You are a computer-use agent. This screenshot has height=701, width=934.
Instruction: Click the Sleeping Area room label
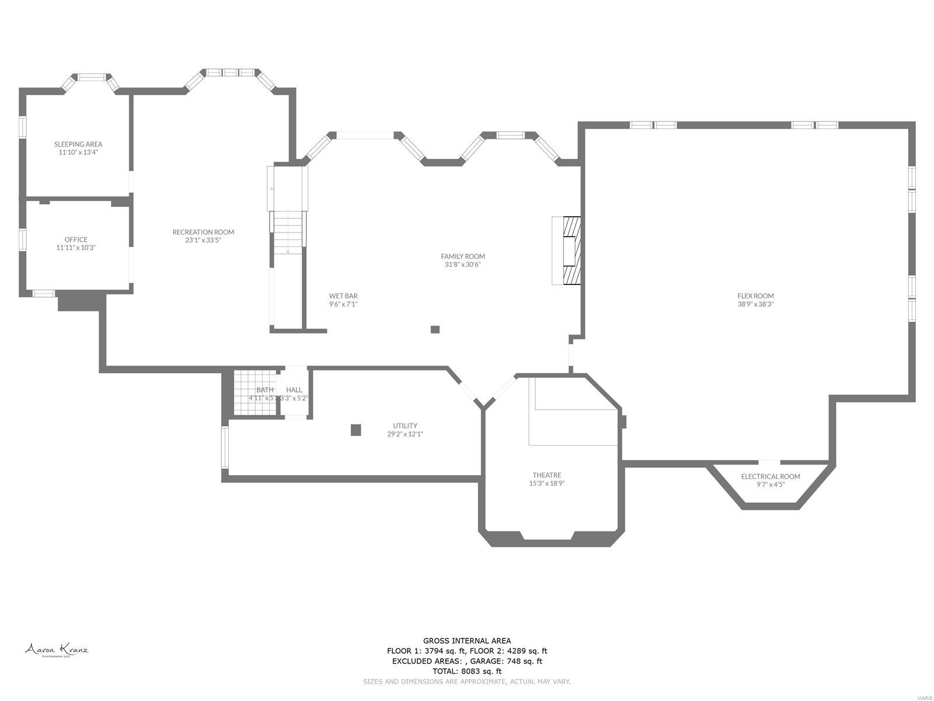pos(78,144)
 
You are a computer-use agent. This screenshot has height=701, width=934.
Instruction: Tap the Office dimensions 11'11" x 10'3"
pos(76,248)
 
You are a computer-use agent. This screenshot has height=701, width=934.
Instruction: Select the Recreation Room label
pos(203,232)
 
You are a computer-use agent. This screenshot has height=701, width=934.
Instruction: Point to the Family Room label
pos(462,256)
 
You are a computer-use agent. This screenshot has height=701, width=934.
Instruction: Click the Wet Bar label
pos(343,296)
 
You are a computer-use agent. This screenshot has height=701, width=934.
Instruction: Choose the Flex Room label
pos(755,296)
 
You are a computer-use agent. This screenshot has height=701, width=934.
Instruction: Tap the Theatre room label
pos(546,476)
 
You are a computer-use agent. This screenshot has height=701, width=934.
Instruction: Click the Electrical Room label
pos(770,477)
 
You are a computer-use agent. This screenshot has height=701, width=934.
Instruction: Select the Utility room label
pos(405,426)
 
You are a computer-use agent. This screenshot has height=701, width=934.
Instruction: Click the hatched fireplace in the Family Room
pos(571,251)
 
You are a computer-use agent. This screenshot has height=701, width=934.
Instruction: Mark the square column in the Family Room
pos(435,329)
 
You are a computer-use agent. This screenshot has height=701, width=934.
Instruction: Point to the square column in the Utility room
pos(356,430)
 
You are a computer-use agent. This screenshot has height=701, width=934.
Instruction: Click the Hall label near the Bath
pos(294,390)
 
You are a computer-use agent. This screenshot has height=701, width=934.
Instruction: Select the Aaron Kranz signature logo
pos(56,650)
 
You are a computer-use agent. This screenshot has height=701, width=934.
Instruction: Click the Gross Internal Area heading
pos(466,641)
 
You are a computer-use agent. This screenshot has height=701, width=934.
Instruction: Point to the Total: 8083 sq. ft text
pos(466,672)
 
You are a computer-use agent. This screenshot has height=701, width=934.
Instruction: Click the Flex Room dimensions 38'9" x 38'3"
pos(755,304)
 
